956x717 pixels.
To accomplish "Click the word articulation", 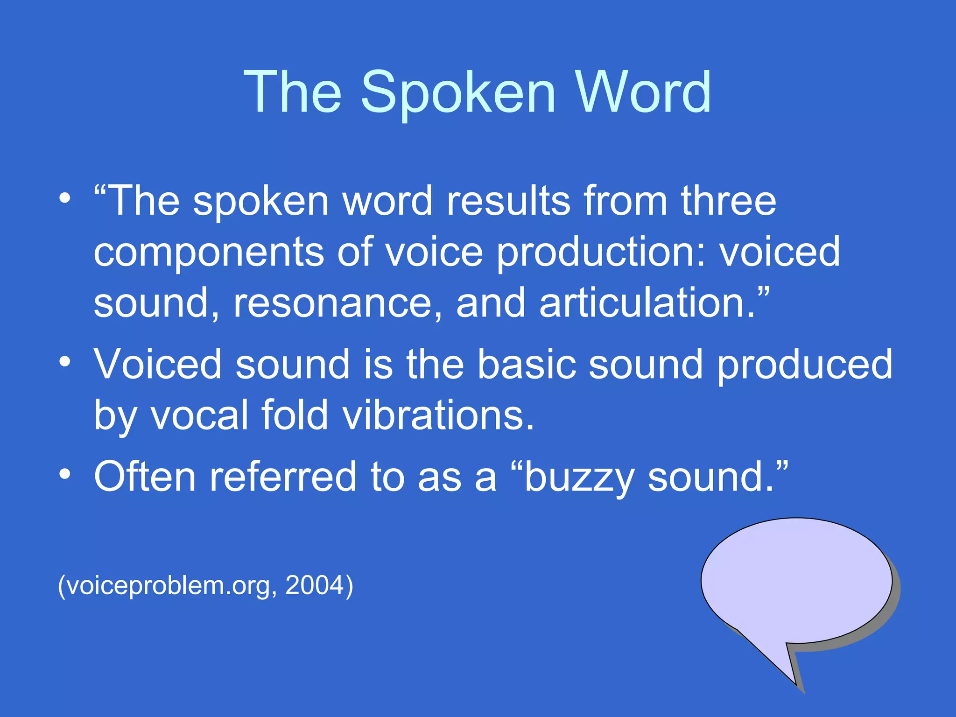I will click(647, 303).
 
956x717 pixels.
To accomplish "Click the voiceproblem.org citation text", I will click(168, 586).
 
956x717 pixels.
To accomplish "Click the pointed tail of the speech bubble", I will click(794, 679).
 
